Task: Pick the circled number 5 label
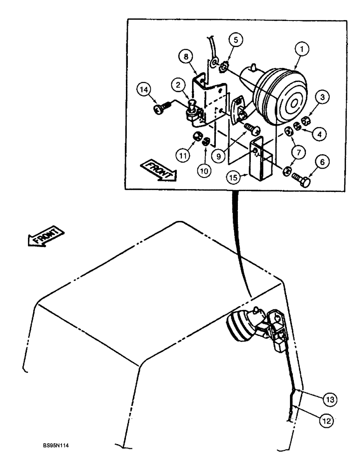pyautogui.click(x=237, y=41)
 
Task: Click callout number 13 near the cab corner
pyautogui.click(x=330, y=399)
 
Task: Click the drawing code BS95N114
pyautogui.click(x=63, y=451)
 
